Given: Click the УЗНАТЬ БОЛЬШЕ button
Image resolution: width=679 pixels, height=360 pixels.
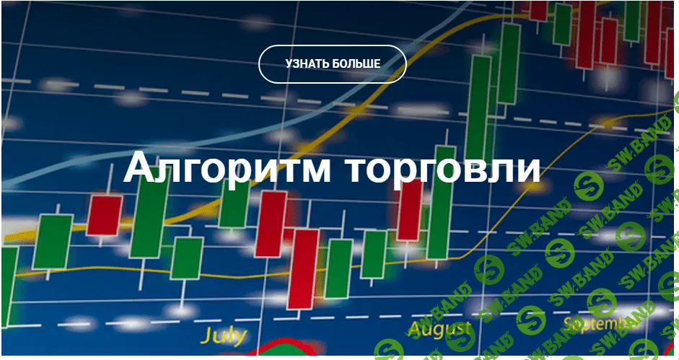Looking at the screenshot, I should [x=333, y=63].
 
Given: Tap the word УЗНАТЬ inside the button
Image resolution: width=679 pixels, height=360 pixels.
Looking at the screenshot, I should [x=307, y=63].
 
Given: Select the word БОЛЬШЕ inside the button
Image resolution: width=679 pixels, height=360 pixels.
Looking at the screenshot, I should [x=356, y=63].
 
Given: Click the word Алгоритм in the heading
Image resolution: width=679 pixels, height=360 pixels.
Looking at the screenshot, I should [x=227, y=168].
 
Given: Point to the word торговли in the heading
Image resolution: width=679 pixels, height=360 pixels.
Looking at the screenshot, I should [x=441, y=168].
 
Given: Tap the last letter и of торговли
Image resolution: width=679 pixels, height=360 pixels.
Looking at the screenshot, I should [x=527, y=170].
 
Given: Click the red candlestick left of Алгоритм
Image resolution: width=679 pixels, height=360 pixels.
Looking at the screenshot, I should [x=105, y=214].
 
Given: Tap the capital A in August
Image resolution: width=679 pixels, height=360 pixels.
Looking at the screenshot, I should [x=416, y=330].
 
